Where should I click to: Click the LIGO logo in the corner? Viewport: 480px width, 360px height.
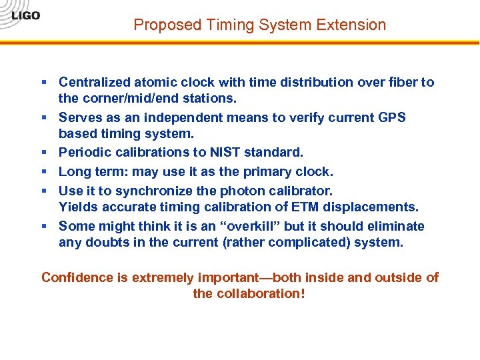pyautogui.click(x=25, y=15)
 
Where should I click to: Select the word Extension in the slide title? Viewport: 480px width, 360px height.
pyautogui.click(x=352, y=25)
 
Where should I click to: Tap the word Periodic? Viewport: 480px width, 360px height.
pyautogui.click(x=85, y=152)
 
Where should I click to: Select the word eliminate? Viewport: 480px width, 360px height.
pyautogui.click(x=395, y=226)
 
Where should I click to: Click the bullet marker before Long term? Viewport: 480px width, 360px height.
pyautogui.click(x=44, y=171)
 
